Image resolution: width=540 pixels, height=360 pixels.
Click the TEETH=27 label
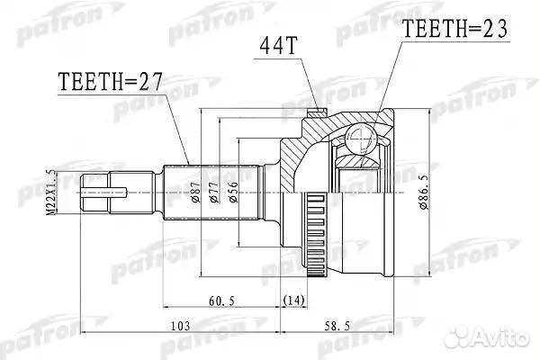(107, 85)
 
